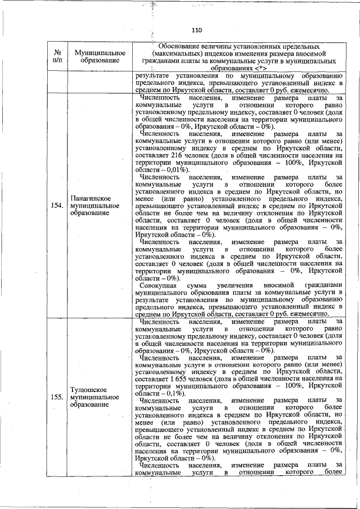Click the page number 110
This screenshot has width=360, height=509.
(196, 30)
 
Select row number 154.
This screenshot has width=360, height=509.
(56, 205)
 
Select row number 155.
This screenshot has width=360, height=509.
(56, 397)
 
